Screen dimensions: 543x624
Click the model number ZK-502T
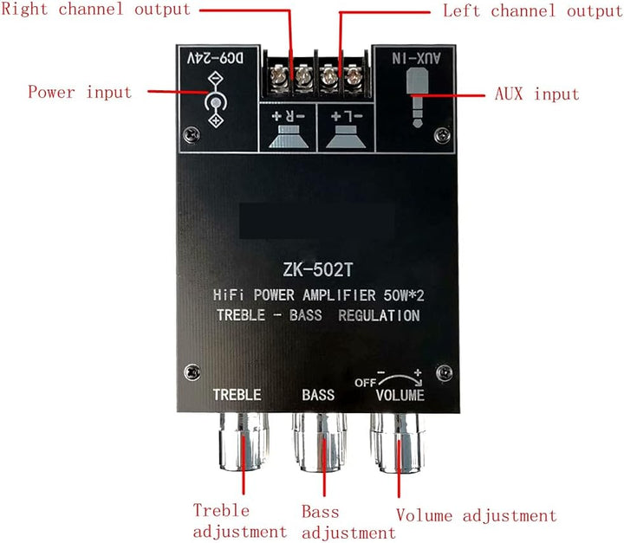tap(315, 271)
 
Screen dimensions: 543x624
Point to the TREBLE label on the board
tap(237, 395)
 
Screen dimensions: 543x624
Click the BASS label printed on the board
tap(318, 396)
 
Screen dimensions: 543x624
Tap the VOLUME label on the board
tap(400, 396)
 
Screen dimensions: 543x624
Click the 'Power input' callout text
tap(80, 92)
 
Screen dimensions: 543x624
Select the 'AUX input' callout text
tap(536, 94)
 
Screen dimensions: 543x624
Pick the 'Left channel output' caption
tap(532, 11)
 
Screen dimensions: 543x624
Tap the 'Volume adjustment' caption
tap(476, 516)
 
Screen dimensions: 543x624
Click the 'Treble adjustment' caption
tap(239, 521)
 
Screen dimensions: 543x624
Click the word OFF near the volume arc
tap(362, 382)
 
